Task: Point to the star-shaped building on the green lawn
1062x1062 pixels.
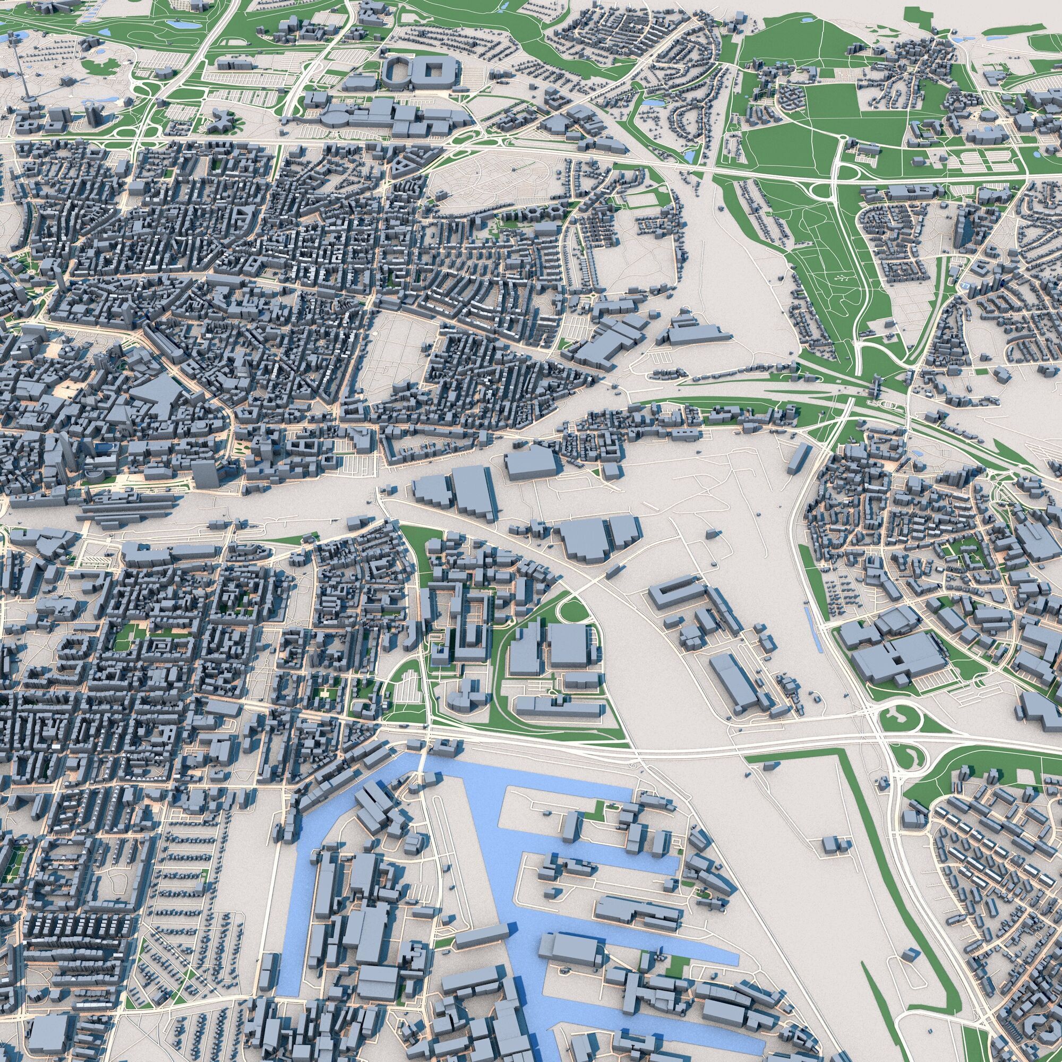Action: coord(221,121)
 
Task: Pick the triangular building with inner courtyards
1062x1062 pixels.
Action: coord(406,164)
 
